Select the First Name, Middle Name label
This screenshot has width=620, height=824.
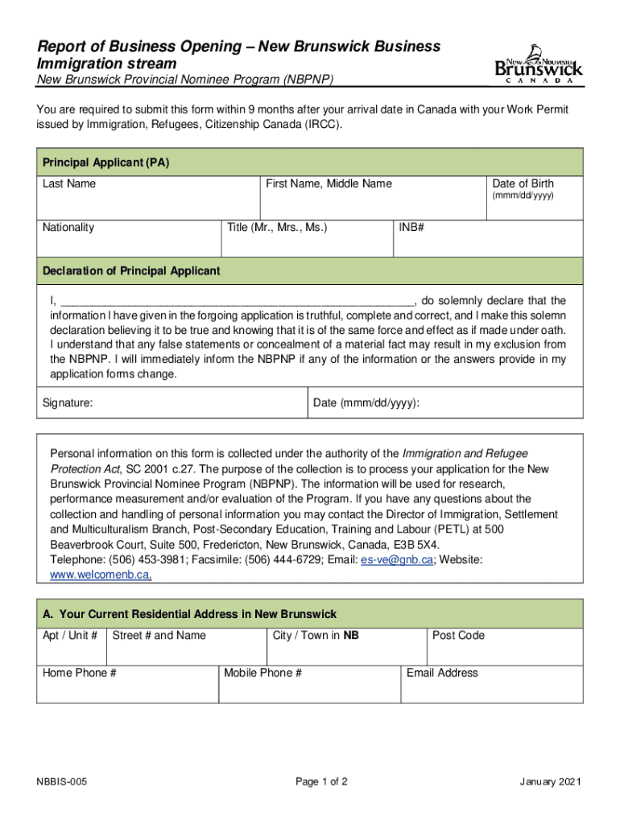tap(329, 183)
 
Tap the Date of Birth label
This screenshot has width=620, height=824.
tap(523, 183)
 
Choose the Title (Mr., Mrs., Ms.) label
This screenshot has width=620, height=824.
tap(277, 227)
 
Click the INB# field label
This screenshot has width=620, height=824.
tap(411, 227)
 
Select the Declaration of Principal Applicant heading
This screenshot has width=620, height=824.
tap(130, 271)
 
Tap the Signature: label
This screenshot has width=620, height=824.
tap(67, 402)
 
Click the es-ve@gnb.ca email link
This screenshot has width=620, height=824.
tap(398, 560)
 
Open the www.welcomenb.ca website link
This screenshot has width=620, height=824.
tap(101, 575)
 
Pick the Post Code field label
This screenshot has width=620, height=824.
tap(458, 635)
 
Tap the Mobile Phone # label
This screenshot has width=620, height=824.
tap(262, 673)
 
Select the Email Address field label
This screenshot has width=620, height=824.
tap(442, 673)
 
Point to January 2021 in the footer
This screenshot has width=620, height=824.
tap(552, 782)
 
